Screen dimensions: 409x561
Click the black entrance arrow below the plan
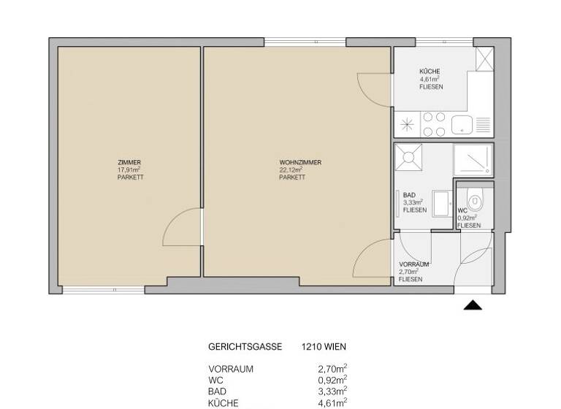click(473, 305)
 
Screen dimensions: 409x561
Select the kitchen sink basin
click(462, 126)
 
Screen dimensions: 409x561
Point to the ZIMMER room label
click(129, 162)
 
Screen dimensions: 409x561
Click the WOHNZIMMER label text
click(300, 162)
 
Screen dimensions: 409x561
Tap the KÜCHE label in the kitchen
click(430, 71)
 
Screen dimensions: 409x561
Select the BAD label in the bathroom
click(409, 195)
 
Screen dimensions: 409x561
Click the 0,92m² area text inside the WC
click(467, 218)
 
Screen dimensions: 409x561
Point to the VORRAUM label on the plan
click(413, 264)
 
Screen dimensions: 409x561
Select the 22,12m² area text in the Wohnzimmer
click(291, 169)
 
